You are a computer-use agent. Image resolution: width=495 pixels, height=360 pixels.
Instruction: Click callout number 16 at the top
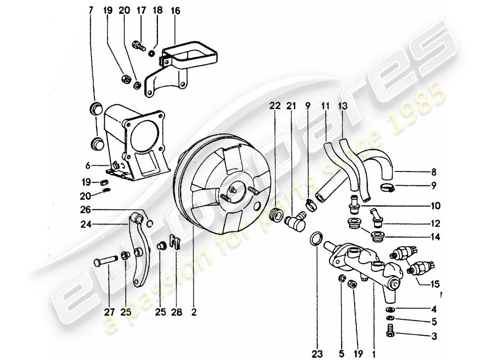point(175,11)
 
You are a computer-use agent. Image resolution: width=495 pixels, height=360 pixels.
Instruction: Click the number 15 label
point(435,284)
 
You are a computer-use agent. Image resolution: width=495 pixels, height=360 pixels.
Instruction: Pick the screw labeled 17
point(138,45)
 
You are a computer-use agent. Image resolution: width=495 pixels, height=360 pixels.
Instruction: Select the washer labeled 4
point(390,310)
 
